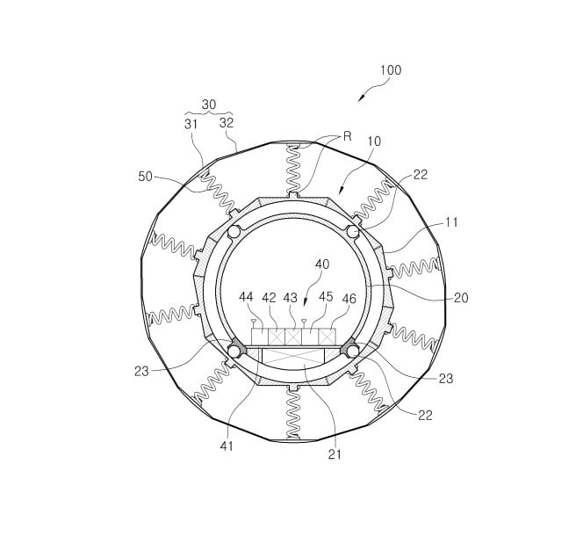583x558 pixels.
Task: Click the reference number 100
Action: point(391,70)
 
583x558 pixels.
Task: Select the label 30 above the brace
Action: point(209,105)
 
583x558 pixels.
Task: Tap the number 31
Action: point(191,124)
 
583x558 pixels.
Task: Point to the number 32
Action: point(227,123)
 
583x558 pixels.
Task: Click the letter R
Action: point(348,136)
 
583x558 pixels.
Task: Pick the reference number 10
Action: point(374,141)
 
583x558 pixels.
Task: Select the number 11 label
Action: point(452,222)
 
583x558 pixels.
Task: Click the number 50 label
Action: point(146,177)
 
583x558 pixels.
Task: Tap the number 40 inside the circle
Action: point(322,265)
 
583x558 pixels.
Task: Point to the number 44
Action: point(246,297)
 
